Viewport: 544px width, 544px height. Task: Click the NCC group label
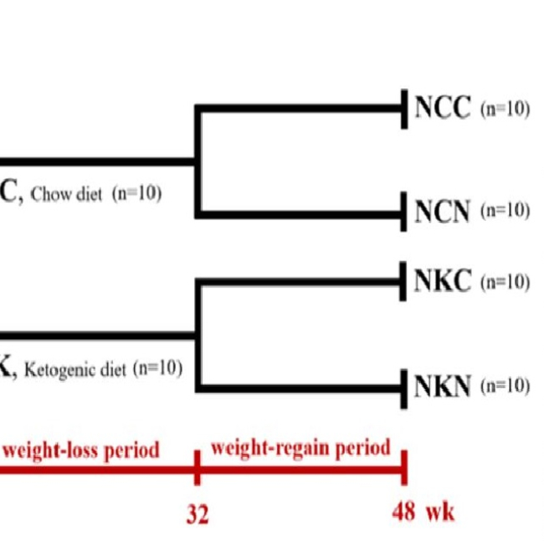point(443,109)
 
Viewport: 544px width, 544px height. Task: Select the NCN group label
point(443,213)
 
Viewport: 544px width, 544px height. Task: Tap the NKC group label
point(443,281)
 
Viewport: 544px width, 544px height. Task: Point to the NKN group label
point(443,386)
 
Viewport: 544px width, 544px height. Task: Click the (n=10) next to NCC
point(505,110)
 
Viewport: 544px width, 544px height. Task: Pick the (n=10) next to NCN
point(505,211)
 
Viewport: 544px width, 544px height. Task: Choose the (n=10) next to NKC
point(505,281)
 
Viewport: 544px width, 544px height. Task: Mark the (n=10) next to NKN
point(505,386)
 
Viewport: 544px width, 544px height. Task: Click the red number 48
point(403,511)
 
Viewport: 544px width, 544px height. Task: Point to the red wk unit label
point(440,511)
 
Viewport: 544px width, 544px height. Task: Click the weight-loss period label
point(81,450)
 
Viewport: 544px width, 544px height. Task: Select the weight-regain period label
point(300,448)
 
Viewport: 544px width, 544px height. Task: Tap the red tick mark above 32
point(197,467)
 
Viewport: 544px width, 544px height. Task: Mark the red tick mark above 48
point(404,467)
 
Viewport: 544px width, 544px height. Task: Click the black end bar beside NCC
point(404,109)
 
